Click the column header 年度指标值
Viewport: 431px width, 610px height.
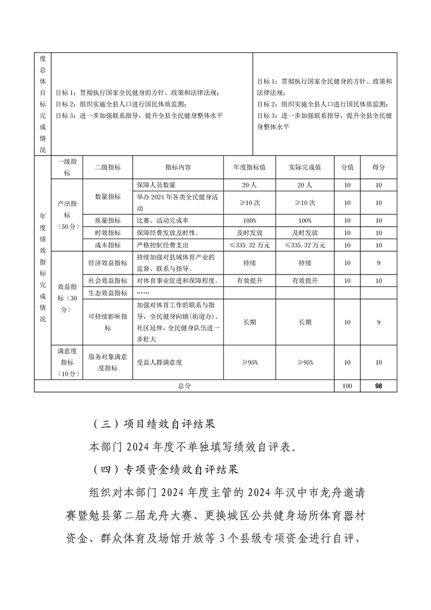tap(249, 167)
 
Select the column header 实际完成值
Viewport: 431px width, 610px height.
tap(304, 167)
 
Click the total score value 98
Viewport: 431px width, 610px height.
tap(379, 385)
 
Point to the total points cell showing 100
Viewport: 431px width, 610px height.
tap(347, 385)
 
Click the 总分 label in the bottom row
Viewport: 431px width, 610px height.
tap(184, 385)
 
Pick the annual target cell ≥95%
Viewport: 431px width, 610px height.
tap(249, 362)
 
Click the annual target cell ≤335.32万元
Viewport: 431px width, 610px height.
tap(249, 245)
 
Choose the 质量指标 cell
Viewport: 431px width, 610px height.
tap(108, 221)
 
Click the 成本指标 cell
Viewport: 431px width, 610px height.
tap(108, 245)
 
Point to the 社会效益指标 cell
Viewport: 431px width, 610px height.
tap(108, 281)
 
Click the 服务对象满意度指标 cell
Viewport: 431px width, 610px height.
tap(108, 362)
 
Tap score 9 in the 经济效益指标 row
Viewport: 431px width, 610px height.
tap(379, 263)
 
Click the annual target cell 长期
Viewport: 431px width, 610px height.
tap(249, 322)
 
